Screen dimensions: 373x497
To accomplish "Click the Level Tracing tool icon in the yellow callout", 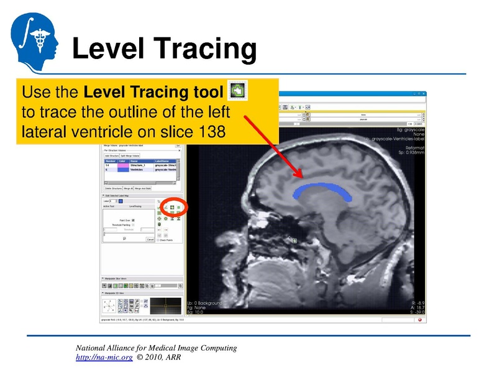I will [x=237, y=92].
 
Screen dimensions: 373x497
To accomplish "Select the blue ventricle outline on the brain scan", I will [x=323, y=190].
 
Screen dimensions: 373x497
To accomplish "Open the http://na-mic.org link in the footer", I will [x=104, y=358].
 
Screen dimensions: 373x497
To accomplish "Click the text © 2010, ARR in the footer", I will [x=159, y=358].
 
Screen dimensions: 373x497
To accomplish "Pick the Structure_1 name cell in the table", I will [x=137, y=165].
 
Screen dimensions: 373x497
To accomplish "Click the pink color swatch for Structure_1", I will [x=122, y=165].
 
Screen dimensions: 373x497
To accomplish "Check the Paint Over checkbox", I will [x=133, y=219].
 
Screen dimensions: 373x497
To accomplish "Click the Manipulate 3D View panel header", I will [x=118, y=292].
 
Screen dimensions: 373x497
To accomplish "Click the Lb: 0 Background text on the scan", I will [x=205, y=303].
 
